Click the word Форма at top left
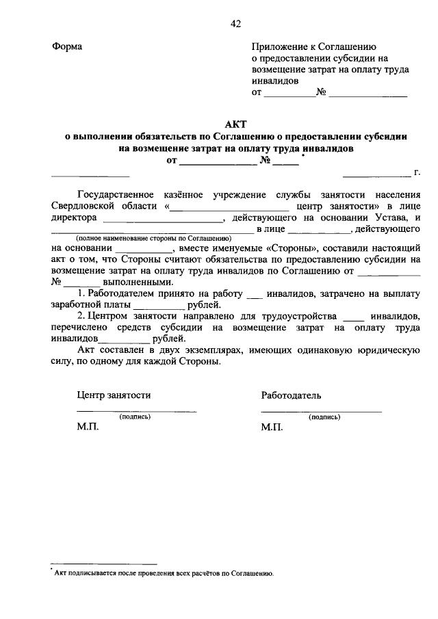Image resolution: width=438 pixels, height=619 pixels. tap(66, 47)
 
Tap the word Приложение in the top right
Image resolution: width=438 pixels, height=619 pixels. tap(280, 47)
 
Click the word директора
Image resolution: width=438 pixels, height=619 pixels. tap(73, 218)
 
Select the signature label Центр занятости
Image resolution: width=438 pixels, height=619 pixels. tap(114, 395)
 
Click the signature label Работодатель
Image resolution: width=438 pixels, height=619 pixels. tap(291, 395)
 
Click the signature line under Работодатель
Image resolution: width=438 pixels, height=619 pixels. tap(321, 411)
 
